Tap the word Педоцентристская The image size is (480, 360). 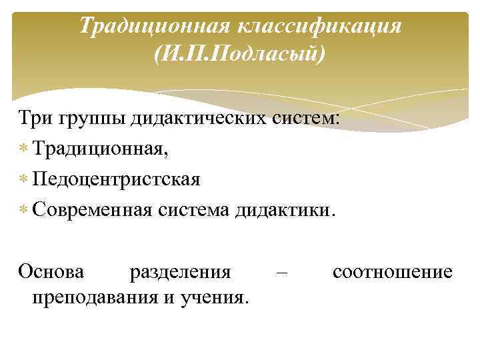[115, 180]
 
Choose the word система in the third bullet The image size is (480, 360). [193, 210]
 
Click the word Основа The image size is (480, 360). [51, 272]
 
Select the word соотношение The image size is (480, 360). [392, 272]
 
